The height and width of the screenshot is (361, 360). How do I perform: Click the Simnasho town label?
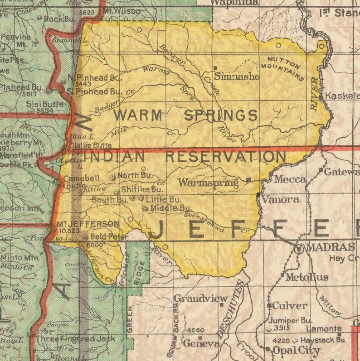click(237, 77)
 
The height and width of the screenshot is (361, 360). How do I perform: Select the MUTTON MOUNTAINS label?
click(286, 68)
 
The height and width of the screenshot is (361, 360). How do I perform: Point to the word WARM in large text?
click(138, 115)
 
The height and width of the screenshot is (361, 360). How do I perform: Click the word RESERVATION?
click(225, 157)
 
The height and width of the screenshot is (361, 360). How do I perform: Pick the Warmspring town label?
click(208, 183)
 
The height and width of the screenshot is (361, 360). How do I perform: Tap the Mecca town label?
click(290, 179)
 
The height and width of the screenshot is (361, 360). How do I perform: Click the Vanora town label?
click(281, 199)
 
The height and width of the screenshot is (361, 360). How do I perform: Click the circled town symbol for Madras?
click(299, 249)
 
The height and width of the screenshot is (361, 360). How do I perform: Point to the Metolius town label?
click(307, 277)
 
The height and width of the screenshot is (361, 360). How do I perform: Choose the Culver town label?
click(289, 306)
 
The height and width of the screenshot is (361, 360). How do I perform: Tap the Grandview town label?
click(200, 299)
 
